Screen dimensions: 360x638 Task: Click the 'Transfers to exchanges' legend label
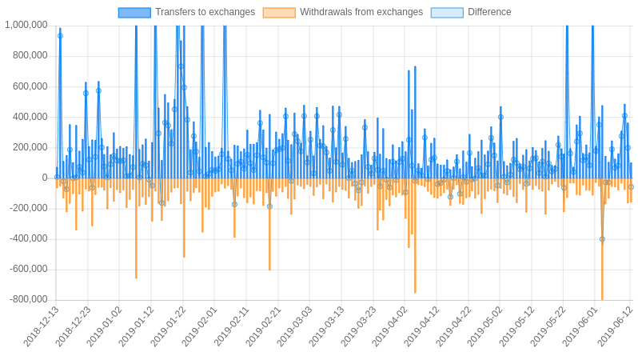point(205,12)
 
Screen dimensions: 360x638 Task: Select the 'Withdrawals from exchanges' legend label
point(361,12)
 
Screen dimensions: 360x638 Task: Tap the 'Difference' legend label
point(489,12)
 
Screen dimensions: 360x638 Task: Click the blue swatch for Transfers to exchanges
point(134,12)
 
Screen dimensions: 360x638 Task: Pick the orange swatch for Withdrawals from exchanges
point(279,12)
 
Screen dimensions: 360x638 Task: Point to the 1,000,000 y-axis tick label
point(26,25)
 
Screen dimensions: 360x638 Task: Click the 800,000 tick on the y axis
point(30,55)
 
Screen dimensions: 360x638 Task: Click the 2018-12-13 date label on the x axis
point(42,326)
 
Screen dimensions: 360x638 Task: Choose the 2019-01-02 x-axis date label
point(106,326)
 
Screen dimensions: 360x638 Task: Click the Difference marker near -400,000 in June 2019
point(602,238)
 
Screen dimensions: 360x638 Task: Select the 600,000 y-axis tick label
point(30,86)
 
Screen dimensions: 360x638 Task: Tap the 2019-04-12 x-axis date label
point(422,326)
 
